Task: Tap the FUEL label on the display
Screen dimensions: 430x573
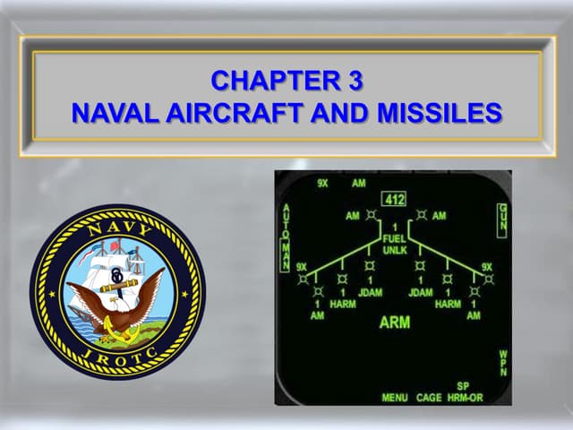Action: coord(393,240)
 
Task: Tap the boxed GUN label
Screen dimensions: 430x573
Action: coord(502,219)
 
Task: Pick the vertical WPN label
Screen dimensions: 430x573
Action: coord(502,364)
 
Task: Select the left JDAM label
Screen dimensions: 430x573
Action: coord(369,292)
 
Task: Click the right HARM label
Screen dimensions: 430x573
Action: coord(448,304)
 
